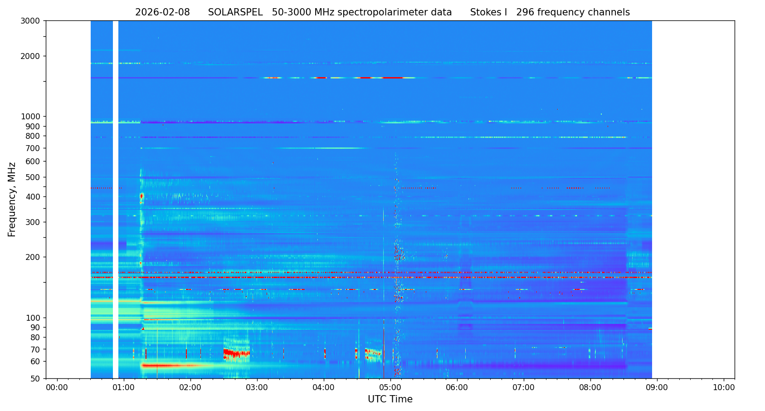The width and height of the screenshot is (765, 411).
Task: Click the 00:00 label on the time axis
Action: pyautogui.click(x=57, y=388)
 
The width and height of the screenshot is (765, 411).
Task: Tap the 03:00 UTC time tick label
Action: pyautogui.click(x=257, y=388)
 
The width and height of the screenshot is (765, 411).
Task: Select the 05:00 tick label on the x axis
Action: pyautogui.click(x=390, y=388)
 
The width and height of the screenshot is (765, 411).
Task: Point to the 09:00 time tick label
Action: pyautogui.click(x=657, y=388)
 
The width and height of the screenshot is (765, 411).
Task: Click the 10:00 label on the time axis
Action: pyautogui.click(x=724, y=388)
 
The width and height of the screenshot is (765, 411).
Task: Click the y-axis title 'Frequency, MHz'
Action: pyautogui.click(x=12, y=200)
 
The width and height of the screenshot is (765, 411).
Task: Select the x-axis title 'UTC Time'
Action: pyautogui.click(x=390, y=399)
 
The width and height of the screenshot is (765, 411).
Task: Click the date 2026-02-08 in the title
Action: pyautogui.click(x=162, y=13)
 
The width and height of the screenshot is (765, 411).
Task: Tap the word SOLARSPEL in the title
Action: pyautogui.click(x=235, y=13)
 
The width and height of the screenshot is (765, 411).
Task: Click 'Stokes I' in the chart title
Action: pyautogui.click(x=488, y=13)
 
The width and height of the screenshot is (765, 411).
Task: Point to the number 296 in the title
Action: pyautogui.click(x=525, y=13)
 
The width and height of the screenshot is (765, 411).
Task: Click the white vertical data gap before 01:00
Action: pyautogui.click(x=116, y=200)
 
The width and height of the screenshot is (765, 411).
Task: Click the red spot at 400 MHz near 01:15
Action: pyautogui.click(x=141, y=196)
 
